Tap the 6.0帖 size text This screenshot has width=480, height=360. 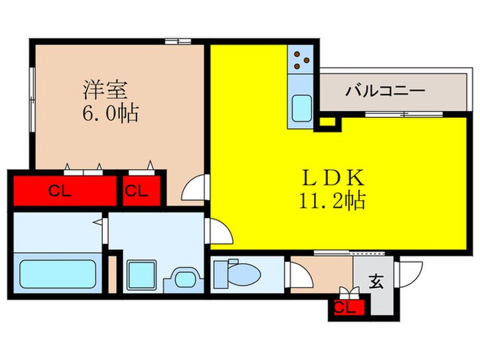(x=110, y=112)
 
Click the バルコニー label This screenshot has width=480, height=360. (x=385, y=91)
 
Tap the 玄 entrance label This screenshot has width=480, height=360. (x=376, y=280)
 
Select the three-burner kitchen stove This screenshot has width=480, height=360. (x=300, y=60)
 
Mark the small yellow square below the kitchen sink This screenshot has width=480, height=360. (x=327, y=122)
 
